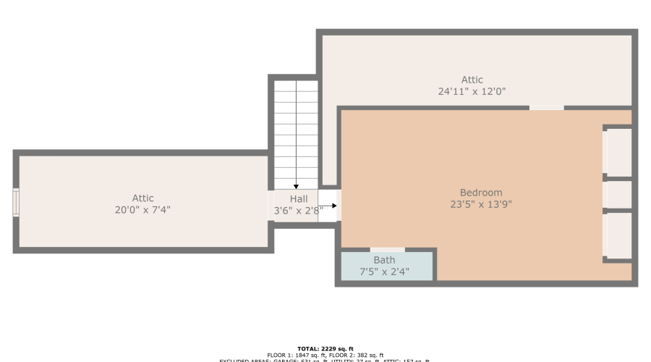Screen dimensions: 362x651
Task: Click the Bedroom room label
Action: pyautogui.click(x=480, y=193)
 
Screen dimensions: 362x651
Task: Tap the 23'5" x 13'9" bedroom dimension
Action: pyautogui.click(x=480, y=204)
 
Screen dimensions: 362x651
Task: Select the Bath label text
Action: pyautogui.click(x=384, y=261)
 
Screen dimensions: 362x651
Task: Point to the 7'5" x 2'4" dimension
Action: pyautogui.click(x=384, y=272)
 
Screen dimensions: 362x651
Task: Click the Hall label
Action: pyautogui.click(x=299, y=199)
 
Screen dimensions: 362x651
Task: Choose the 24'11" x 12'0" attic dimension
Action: pyautogui.click(x=472, y=92)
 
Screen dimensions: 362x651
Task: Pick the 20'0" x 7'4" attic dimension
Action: pyautogui.click(x=142, y=210)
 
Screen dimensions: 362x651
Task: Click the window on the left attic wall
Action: pyautogui.click(x=16, y=203)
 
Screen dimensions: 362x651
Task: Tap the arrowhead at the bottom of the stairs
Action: pyautogui.click(x=296, y=187)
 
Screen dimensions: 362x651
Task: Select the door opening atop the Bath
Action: pyautogui.click(x=387, y=250)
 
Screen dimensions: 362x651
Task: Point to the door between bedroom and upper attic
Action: pyautogui.click(x=546, y=108)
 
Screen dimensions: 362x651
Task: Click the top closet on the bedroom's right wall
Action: pyautogui.click(x=618, y=151)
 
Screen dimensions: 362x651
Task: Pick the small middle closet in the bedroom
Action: pyautogui.click(x=618, y=194)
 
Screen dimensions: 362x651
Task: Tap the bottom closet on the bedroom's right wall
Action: pyautogui.click(x=618, y=235)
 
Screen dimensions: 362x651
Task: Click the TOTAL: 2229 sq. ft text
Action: pyautogui.click(x=325, y=349)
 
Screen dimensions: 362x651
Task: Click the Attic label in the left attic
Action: pyautogui.click(x=142, y=198)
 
